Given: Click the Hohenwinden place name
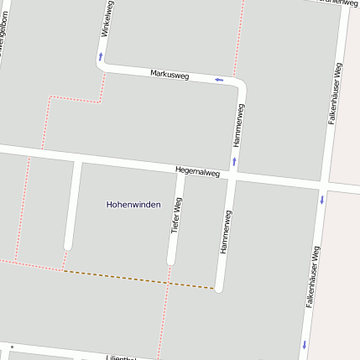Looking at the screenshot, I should [x=133, y=204].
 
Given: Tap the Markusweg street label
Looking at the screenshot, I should [x=170, y=75].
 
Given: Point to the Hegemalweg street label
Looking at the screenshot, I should [x=197, y=172].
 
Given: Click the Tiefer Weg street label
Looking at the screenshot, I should [x=176, y=216].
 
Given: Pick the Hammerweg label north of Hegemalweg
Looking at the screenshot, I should [x=238, y=126].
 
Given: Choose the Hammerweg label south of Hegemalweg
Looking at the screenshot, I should [x=225, y=232].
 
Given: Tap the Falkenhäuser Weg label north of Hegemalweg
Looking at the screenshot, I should [x=334, y=93].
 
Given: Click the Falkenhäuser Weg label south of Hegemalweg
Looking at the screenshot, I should [x=312, y=276].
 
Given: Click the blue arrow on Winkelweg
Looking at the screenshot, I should [x=101, y=56].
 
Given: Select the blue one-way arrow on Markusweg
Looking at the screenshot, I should [x=219, y=80].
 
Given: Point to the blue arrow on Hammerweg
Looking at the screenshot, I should [x=234, y=159].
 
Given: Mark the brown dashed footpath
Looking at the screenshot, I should [x=138, y=279].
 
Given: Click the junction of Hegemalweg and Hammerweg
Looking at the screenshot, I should [x=232, y=176].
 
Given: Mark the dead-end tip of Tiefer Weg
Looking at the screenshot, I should [x=170, y=261].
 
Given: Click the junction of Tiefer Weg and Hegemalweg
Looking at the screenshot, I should [x=180, y=171].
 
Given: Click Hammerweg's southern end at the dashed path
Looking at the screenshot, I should [x=219, y=288].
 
